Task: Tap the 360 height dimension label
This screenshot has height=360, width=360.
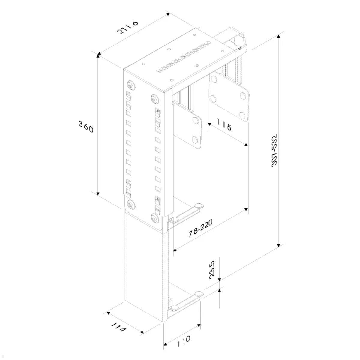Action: pyautogui.click(x=86, y=126)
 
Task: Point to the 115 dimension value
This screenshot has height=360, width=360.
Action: pyautogui.click(x=224, y=125)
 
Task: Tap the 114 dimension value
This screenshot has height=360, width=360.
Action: pyautogui.click(x=118, y=327)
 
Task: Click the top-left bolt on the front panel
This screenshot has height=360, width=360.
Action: pyautogui.click(x=131, y=84)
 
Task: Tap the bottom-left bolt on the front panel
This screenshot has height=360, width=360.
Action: pyautogui.click(x=131, y=205)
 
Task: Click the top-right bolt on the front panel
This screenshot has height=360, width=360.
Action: pyautogui.click(x=155, y=99)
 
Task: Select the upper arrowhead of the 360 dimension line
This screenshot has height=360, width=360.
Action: pyautogui.click(x=98, y=54)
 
